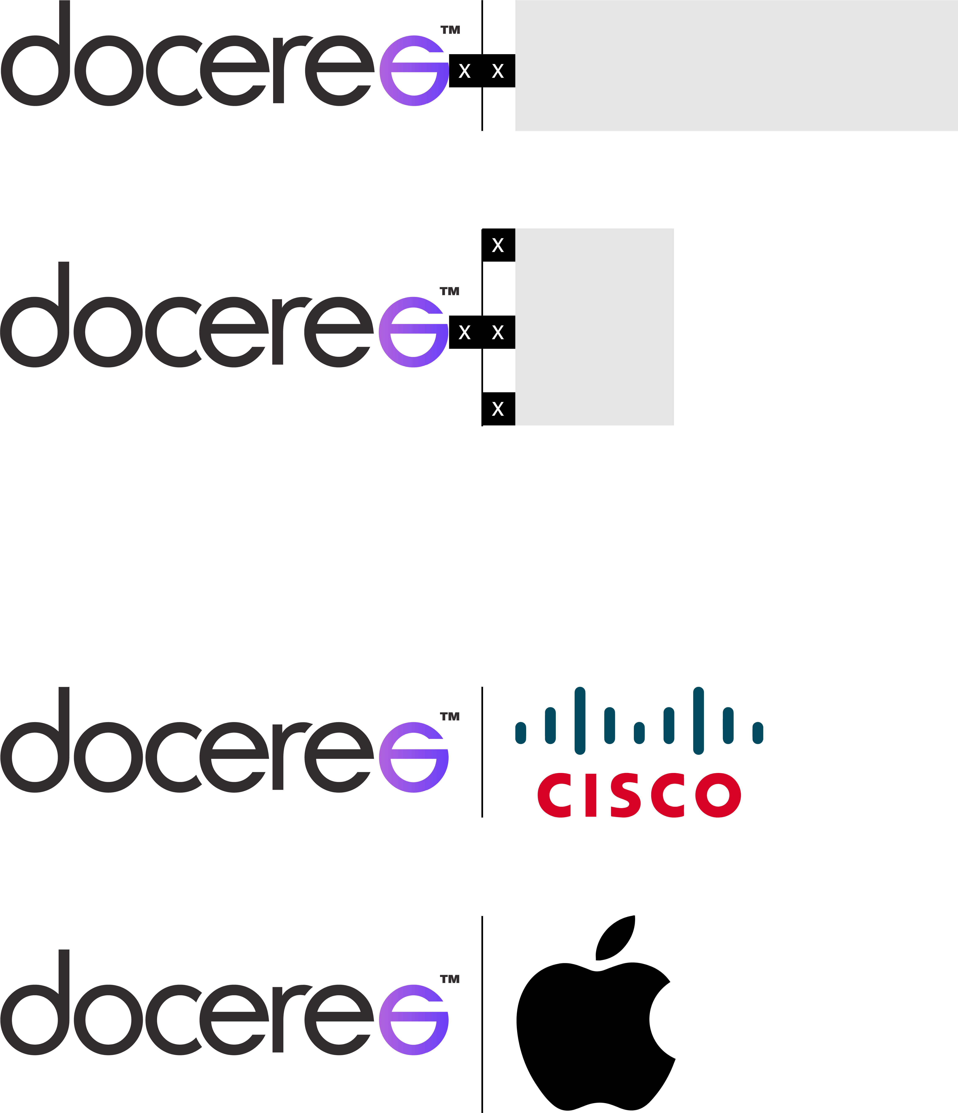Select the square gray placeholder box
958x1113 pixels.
594,327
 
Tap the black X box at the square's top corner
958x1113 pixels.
498,245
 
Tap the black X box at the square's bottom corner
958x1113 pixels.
498,409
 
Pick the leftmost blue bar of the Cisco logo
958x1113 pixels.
520,733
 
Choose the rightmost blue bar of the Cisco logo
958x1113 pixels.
758,733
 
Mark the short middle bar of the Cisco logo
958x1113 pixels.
639,733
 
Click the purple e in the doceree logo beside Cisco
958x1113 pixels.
413,757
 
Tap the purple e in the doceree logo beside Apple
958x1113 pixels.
413,1020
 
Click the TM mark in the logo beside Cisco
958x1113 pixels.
450,716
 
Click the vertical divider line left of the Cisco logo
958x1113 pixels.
482,752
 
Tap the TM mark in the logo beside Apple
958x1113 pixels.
450,979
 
